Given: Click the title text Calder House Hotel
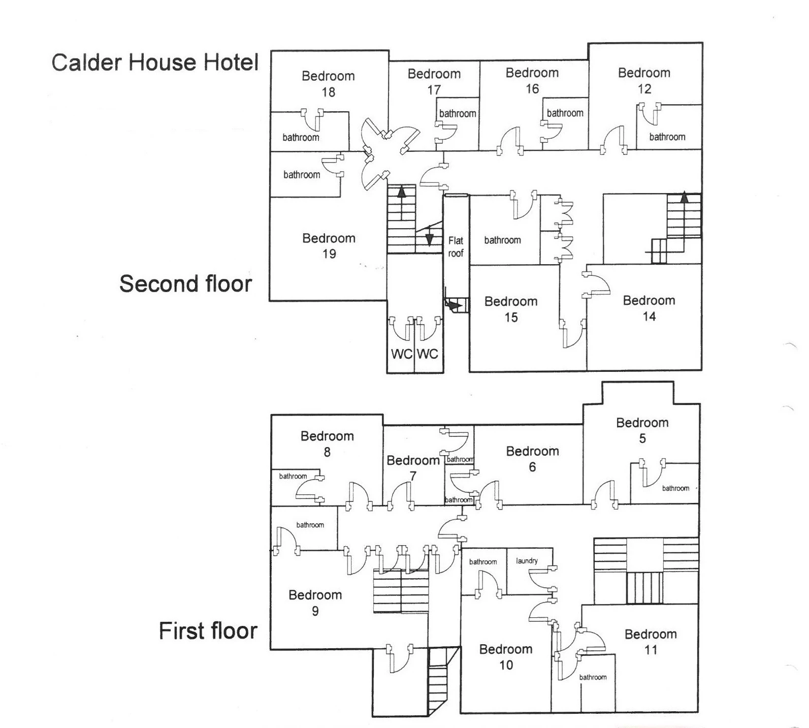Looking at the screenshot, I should (155, 62).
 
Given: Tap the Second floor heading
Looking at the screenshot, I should (185, 284).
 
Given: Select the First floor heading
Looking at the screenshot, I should (208, 631).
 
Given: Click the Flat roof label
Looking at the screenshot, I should (456, 247).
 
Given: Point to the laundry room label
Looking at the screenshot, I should (527, 561).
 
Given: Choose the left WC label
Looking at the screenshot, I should (401, 354).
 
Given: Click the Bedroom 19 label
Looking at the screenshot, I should (329, 246).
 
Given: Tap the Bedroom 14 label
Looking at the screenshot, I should (649, 308).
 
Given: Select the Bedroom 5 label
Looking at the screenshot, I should (642, 430).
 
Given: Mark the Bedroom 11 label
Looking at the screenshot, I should (651, 642).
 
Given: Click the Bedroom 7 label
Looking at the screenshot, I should (413, 468).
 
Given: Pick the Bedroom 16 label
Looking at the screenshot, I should (532, 80).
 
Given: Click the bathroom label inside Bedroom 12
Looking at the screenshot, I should (667, 137).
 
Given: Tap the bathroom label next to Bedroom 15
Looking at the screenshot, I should (502, 240).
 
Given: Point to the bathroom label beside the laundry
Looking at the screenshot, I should (482, 562).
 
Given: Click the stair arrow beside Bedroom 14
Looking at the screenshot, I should (684, 197).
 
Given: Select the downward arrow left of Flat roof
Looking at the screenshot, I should (429, 239).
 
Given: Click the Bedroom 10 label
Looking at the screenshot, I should (506, 657).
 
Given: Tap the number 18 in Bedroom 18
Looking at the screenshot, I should (328, 92).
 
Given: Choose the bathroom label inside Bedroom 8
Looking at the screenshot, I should (293, 477).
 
